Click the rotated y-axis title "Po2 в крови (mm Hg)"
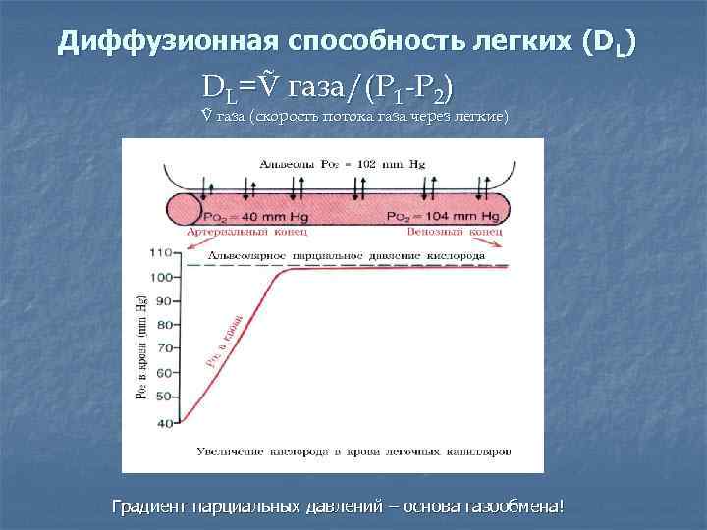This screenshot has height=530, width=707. [140, 347]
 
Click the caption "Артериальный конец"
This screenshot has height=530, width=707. [246, 234]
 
